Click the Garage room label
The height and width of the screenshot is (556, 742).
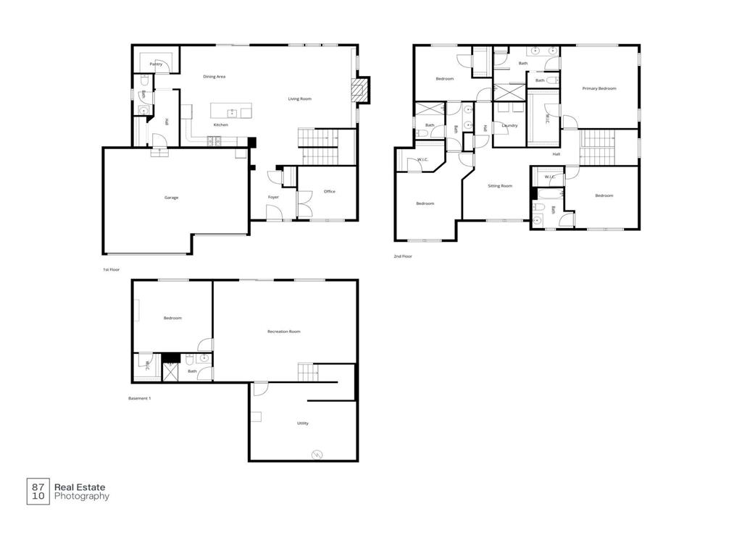point(171,198)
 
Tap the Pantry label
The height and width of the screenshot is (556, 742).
point(156,64)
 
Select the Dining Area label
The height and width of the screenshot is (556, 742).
point(214,76)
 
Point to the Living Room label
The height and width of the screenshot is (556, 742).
point(299,98)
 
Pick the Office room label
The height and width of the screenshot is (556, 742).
point(330,191)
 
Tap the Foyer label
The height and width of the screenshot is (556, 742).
point(273,197)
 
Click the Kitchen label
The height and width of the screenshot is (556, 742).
point(220,125)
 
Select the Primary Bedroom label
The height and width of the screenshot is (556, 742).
point(599,88)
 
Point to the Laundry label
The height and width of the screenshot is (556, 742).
point(509,125)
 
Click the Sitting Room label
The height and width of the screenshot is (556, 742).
point(499,186)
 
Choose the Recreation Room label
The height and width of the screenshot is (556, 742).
point(283,332)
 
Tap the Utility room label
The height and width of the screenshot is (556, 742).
point(302,423)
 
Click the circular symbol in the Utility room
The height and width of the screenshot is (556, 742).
point(316,455)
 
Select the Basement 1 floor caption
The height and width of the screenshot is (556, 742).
point(139,398)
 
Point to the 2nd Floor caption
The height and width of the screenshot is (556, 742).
point(402,256)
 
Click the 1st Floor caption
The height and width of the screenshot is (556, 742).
point(110,269)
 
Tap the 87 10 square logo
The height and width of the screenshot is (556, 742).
point(38,492)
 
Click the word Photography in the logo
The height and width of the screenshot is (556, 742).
point(82,497)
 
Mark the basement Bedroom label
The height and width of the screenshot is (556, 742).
point(172,318)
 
